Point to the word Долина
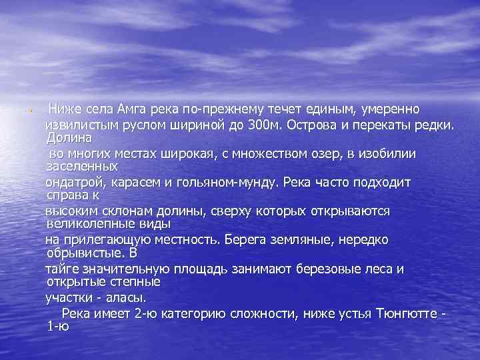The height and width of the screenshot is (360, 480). [x=69, y=137]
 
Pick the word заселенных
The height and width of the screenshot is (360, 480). [x=82, y=166]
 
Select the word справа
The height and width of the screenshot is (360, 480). [x=66, y=195]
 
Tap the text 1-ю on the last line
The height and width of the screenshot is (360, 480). [x=58, y=326]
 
